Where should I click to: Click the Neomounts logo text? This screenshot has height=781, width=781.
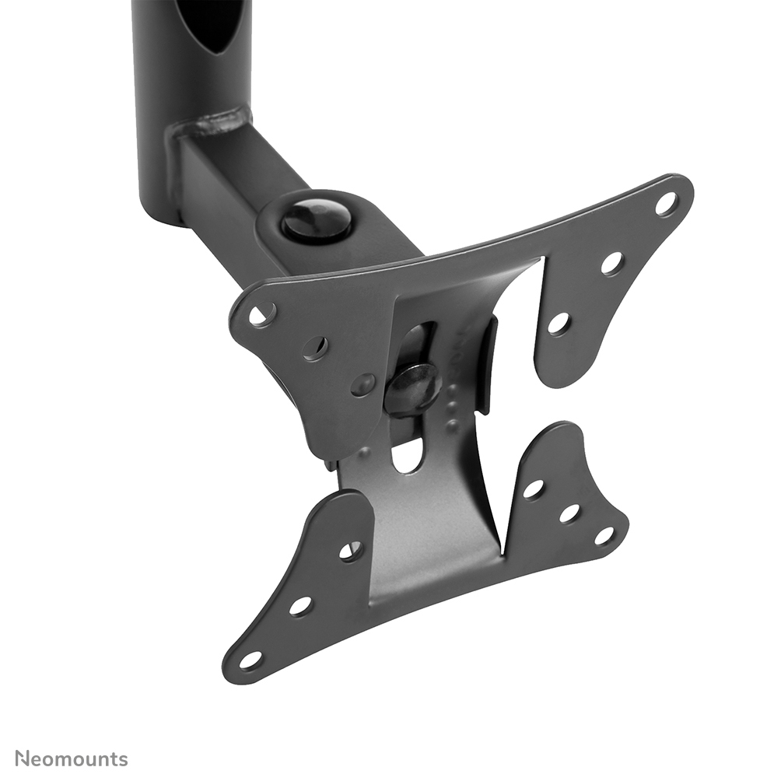click(x=72, y=758)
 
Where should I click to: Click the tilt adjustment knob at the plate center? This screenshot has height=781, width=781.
click(x=412, y=387)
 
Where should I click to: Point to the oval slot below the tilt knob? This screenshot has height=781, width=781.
click(x=408, y=454)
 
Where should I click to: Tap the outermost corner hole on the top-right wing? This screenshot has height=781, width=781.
click(x=666, y=204)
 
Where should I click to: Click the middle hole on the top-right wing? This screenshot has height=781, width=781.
click(x=612, y=263)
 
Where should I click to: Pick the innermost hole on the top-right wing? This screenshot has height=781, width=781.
click(x=559, y=323)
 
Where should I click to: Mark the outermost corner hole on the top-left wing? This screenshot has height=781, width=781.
click(x=262, y=315)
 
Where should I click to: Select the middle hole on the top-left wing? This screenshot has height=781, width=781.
click(x=315, y=348)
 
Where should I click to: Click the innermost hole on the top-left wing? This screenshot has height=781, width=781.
click(x=363, y=383)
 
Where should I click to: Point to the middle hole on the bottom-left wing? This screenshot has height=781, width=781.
click(x=300, y=606)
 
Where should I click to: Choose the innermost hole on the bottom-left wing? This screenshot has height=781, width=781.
click(x=350, y=551)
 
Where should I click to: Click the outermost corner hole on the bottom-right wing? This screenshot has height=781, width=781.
click(x=604, y=536)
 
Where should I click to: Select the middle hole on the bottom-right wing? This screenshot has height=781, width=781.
click(x=569, y=513)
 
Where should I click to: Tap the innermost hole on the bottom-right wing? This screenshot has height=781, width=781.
click(x=533, y=489)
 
